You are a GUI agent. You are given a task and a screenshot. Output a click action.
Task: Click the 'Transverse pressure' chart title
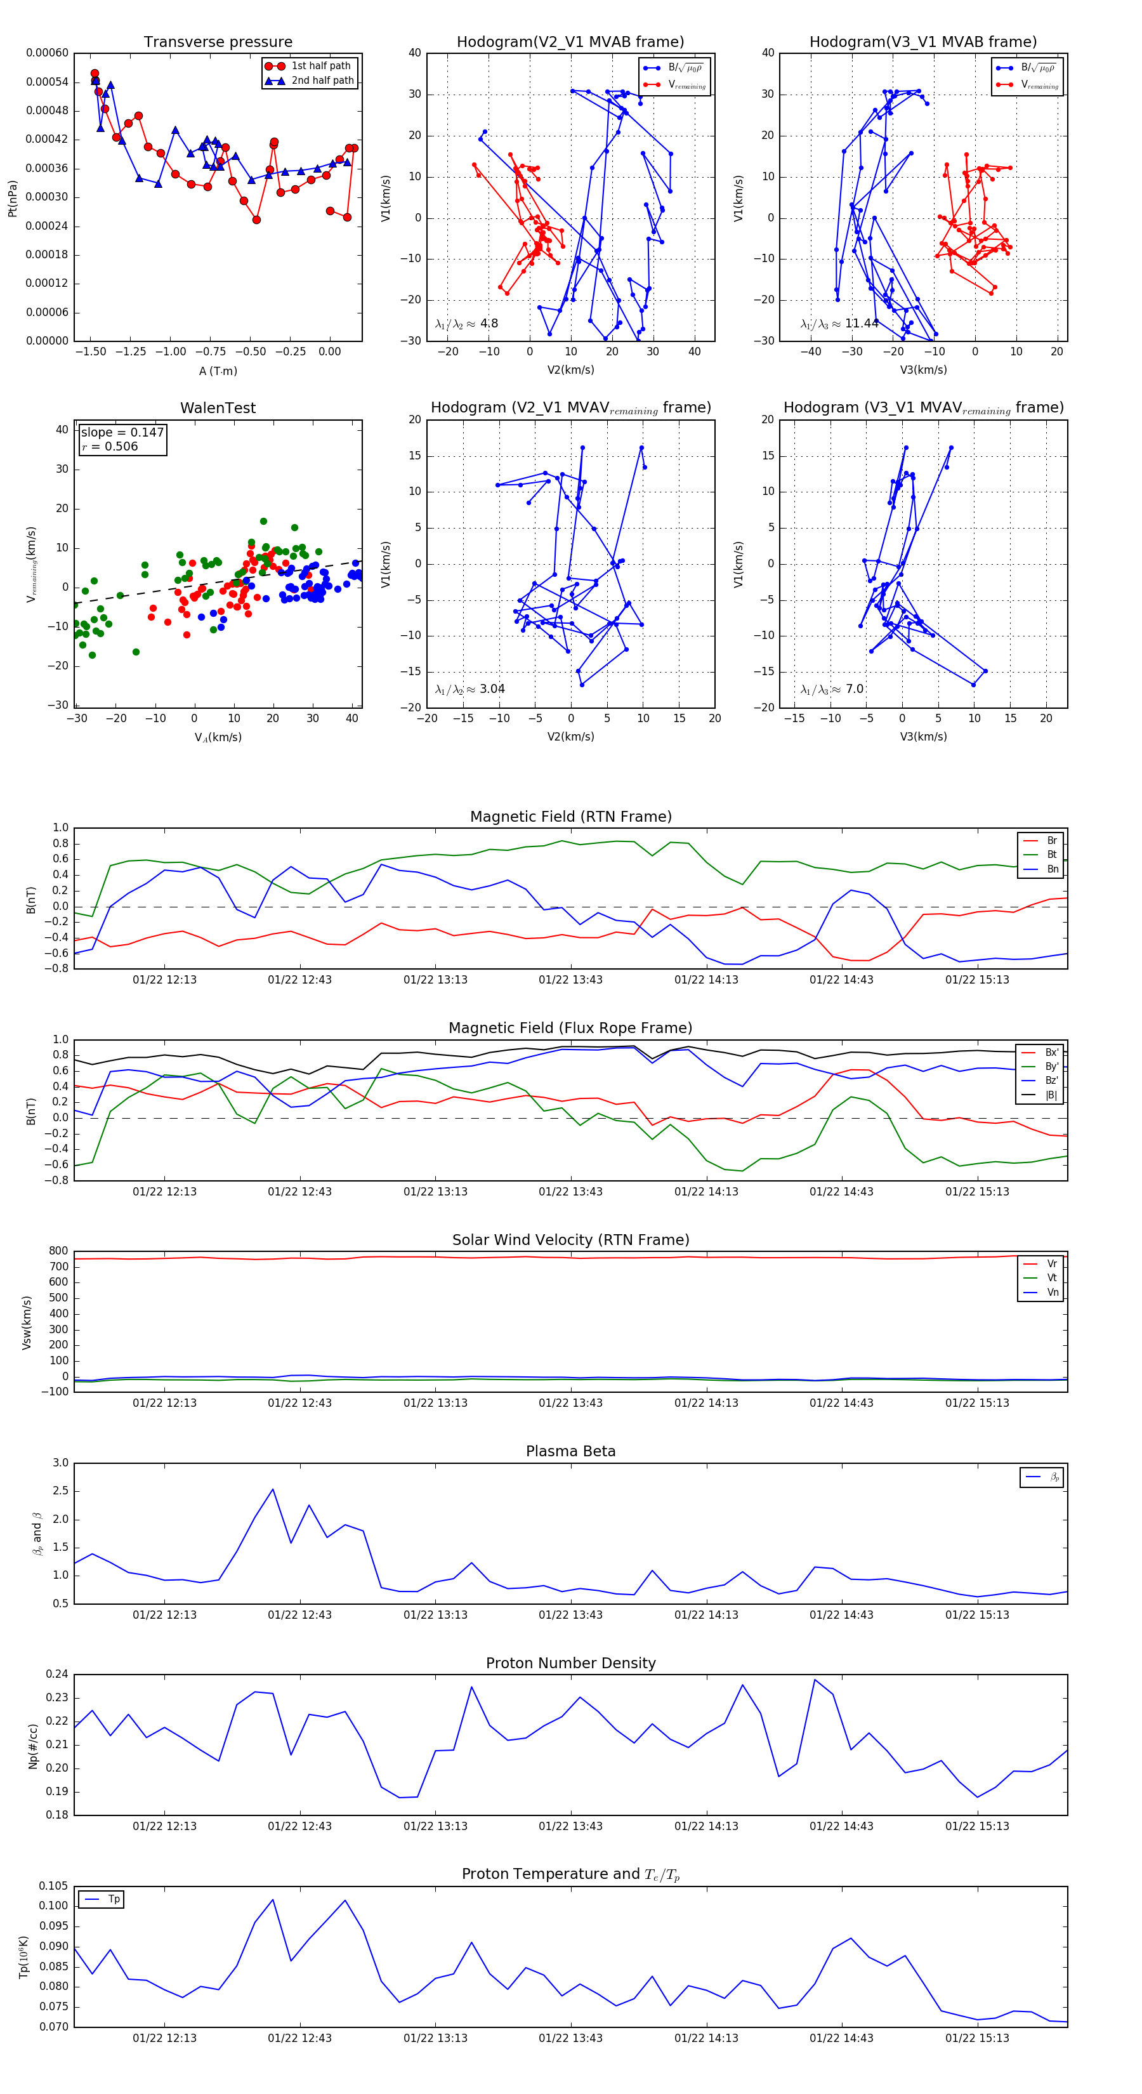click(218, 43)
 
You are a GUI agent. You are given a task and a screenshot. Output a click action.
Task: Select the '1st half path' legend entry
click(320, 66)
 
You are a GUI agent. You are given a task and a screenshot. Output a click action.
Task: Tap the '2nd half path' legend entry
click(322, 81)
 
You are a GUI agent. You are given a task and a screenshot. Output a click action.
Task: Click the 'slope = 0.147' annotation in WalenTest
click(122, 433)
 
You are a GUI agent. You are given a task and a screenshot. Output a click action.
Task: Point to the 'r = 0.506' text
click(110, 446)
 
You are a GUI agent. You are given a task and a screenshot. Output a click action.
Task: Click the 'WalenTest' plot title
click(218, 408)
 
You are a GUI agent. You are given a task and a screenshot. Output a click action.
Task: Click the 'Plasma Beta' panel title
click(570, 1452)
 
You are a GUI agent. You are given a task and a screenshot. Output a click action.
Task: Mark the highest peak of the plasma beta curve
click(272, 1489)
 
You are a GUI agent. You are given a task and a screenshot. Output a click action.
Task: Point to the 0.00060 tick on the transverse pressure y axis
click(47, 53)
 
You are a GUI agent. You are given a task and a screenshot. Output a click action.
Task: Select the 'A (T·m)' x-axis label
click(218, 371)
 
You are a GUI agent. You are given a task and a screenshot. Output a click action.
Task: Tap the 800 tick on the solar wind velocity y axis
click(58, 1251)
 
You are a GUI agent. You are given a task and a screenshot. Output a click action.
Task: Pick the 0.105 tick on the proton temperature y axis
click(54, 1886)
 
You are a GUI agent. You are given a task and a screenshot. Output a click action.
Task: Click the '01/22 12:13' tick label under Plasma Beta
click(164, 1614)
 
